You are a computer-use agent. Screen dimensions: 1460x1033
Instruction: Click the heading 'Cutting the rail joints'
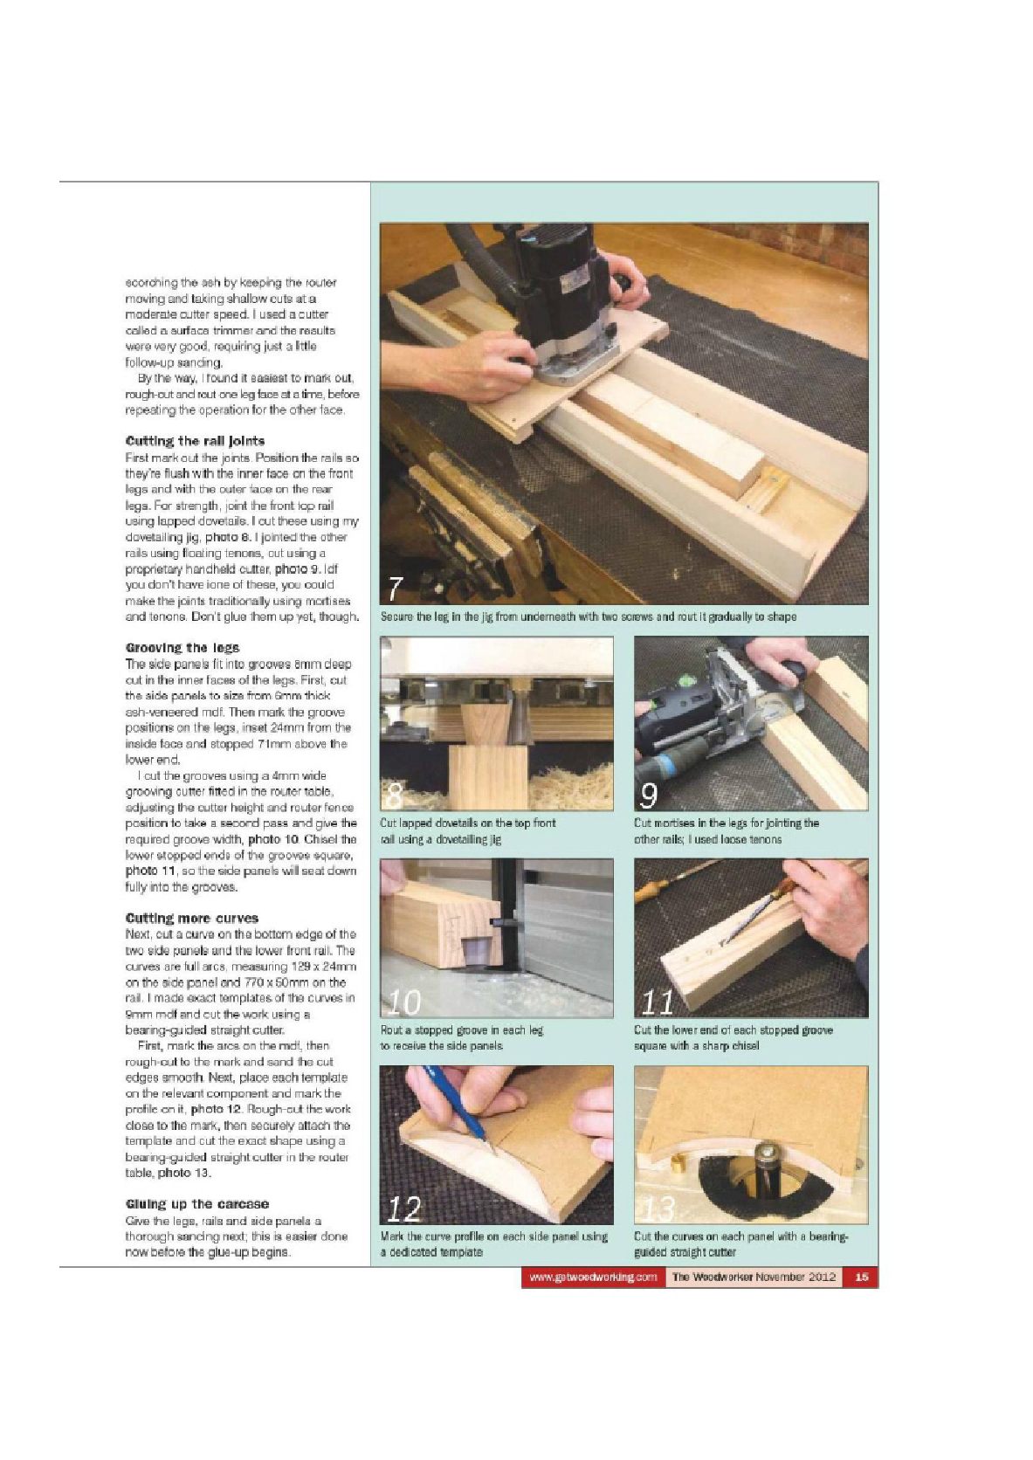coord(195,441)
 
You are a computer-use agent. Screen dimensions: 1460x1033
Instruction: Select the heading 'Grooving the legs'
coord(182,648)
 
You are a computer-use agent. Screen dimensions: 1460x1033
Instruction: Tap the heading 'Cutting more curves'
coord(192,918)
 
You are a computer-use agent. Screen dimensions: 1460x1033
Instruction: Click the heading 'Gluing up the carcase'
coord(197,1204)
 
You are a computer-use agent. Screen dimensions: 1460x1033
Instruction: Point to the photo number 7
coord(395,589)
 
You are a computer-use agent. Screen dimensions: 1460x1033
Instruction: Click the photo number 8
coord(394,796)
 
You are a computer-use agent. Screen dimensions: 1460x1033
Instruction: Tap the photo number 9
coord(649,796)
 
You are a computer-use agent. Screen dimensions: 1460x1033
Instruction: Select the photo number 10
coord(402,1002)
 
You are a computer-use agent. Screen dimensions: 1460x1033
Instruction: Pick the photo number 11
coord(657,1002)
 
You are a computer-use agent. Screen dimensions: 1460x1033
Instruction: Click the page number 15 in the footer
coord(862,1277)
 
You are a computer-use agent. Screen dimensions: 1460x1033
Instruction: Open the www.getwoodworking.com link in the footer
coord(593,1277)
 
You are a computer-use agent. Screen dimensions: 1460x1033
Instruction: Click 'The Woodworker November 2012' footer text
coord(754,1277)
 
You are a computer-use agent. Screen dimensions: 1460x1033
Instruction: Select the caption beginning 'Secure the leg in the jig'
coord(588,616)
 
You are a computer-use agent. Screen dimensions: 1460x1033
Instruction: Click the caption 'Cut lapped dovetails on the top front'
coord(467,823)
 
